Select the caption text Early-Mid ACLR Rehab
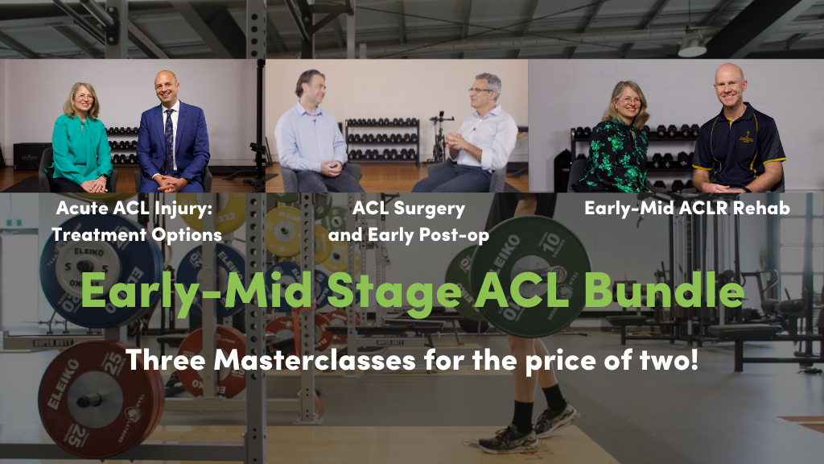pyautogui.click(x=687, y=209)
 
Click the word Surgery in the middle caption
pyautogui.click(x=430, y=209)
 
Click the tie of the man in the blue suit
pyautogui.click(x=169, y=141)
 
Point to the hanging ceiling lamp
pyautogui.click(x=692, y=45)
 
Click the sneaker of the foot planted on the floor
pyautogui.click(x=508, y=441)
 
